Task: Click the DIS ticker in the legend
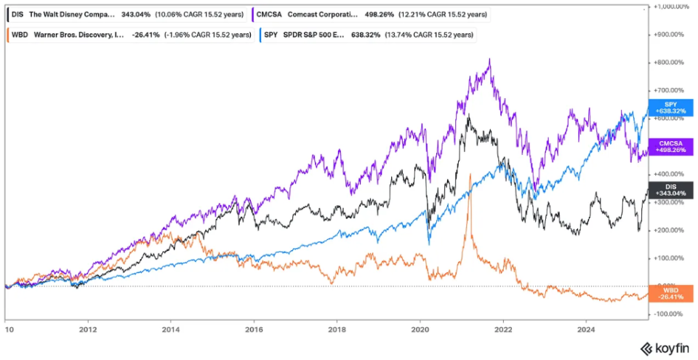click(17, 14)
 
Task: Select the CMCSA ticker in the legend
click(270, 14)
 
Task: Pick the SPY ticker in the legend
click(272, 34)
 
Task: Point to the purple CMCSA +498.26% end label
click(667, 145)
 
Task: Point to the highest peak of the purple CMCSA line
click(489, 60)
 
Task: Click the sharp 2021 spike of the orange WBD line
click(471, 175)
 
